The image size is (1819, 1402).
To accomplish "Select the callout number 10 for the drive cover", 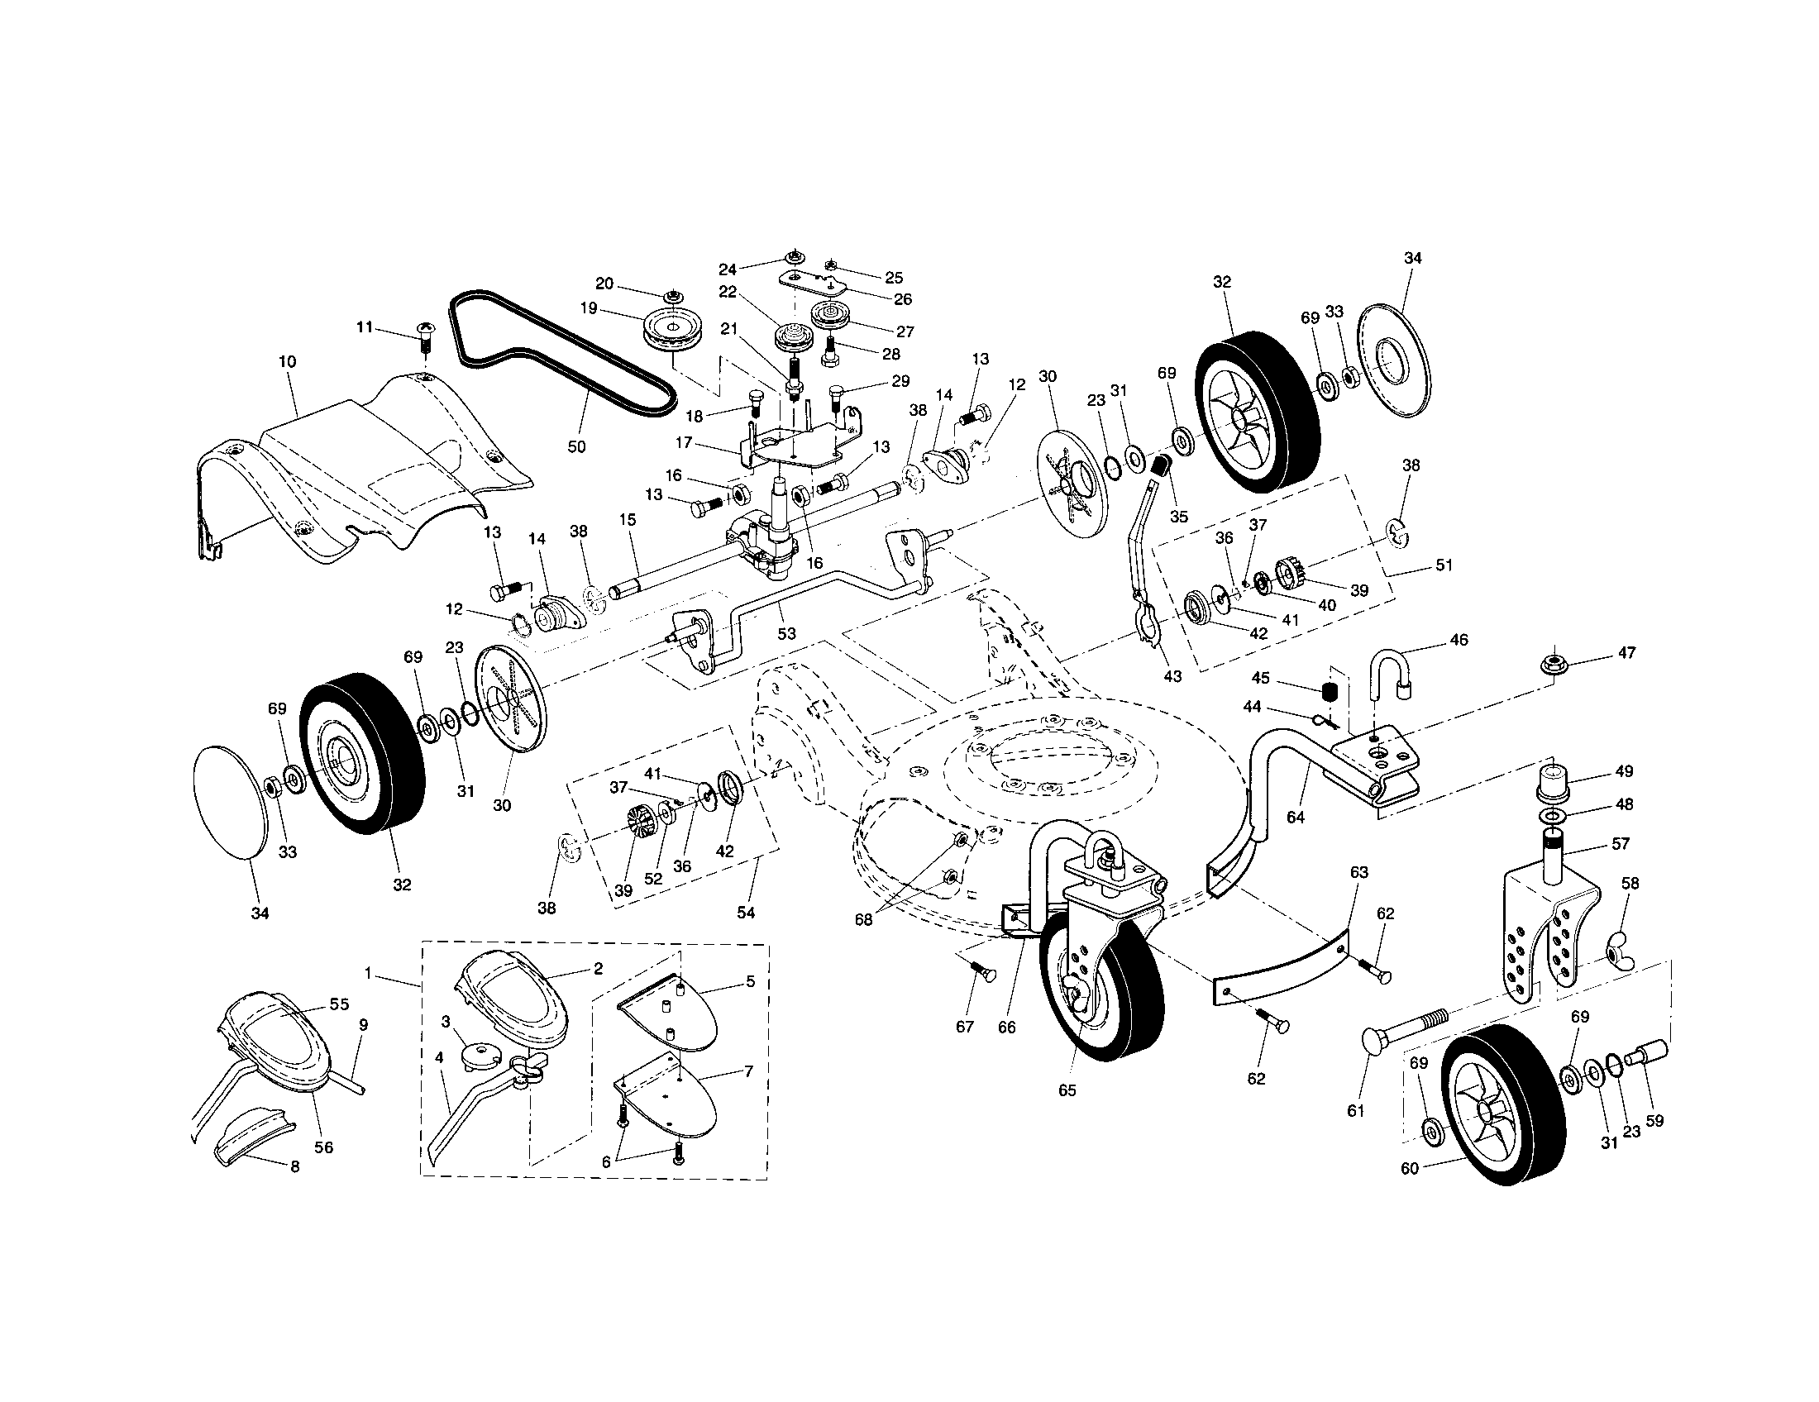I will [289, 362].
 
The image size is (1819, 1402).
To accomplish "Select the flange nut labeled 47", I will [1550, 665].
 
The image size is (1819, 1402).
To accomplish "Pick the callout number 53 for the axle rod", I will [786, 633].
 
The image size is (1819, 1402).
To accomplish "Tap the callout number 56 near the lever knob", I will [323, 1147].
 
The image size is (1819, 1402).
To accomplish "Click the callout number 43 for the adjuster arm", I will [1172, 676].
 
